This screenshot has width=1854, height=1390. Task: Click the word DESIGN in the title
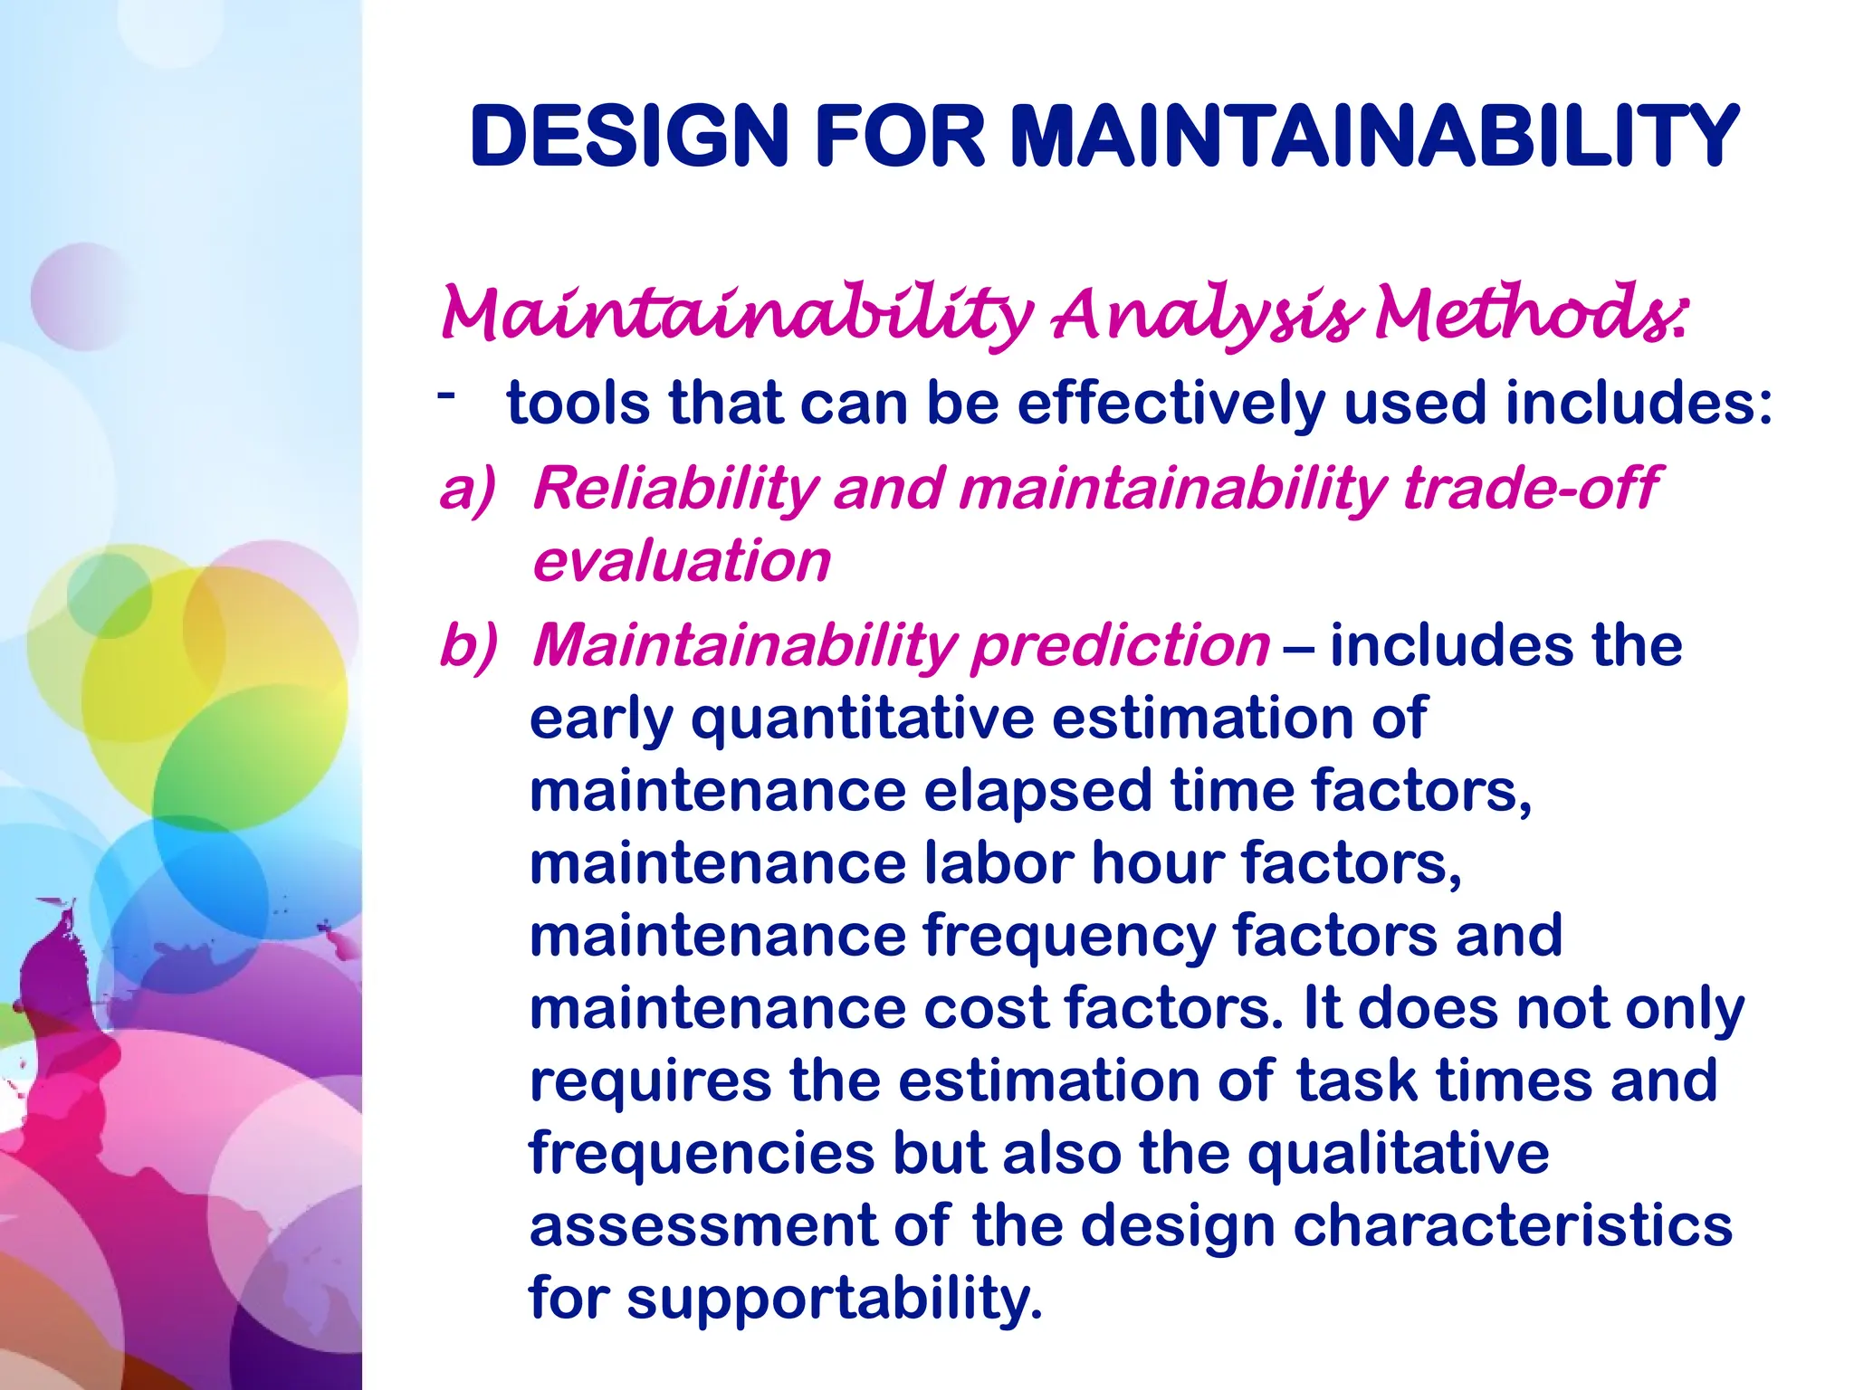click(x=629, y=137)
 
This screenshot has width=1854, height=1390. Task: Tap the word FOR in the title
click(x=900, y=137)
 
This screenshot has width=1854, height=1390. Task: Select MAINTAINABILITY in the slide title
click(x=1373, y=137)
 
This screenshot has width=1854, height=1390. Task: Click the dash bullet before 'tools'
click(x=444, y=394)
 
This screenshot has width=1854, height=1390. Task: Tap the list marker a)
click(x=468, y=489)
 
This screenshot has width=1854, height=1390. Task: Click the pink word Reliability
click(x=675, y=489)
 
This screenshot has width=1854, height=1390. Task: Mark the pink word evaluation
click(x=681, y=561)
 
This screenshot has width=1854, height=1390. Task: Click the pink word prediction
click(x=1121, y=646)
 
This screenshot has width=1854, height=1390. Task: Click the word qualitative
click(x=1398, y=1153)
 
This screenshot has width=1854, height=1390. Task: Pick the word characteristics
click(x=1512, y=1225)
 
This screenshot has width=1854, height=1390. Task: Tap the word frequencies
click(x=702, y=1154)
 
